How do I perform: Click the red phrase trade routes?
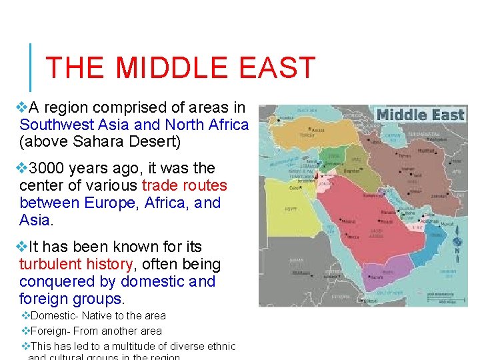(185, 185)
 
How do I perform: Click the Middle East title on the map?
(420, 115)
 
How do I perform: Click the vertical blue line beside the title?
(31, 67)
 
